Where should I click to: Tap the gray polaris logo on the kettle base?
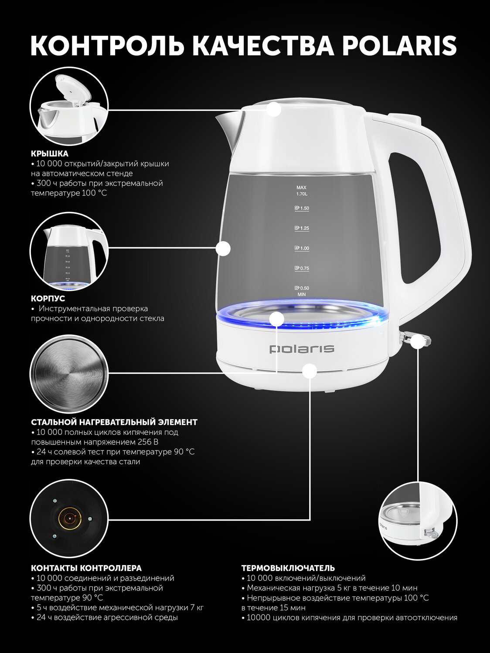click(302, 349)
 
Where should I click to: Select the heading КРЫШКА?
click(50, 154)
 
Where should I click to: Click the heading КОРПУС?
click(48, 298)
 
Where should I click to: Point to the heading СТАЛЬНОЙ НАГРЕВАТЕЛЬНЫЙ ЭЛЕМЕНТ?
click(114, 422)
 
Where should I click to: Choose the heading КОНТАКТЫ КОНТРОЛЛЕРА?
click(86, 568)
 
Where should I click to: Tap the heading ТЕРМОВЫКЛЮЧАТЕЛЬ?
click(288, 568)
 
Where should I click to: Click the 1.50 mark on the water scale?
click(302, 208)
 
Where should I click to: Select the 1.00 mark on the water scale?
click(302, 248)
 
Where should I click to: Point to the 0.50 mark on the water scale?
click(302, 288)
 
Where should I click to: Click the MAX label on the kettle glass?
click(301, 188)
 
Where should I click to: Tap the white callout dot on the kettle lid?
click(274, 109)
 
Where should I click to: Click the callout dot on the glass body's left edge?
click(223, 248)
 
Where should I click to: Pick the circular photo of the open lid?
click(69, 107)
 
